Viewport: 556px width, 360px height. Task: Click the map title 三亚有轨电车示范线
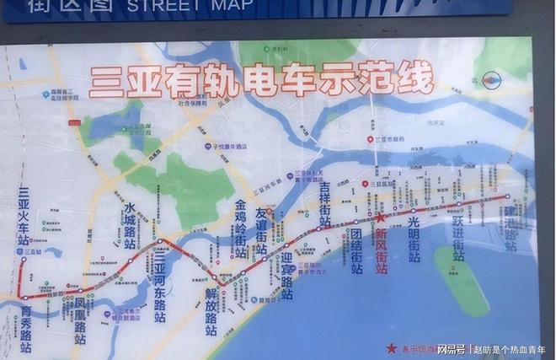[x=261, y=83]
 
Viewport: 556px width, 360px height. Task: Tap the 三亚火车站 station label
[x=24, y=215]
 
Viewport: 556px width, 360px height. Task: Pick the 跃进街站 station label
[x=457, y=239]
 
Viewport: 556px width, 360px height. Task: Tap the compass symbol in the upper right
[x=492, y=81]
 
